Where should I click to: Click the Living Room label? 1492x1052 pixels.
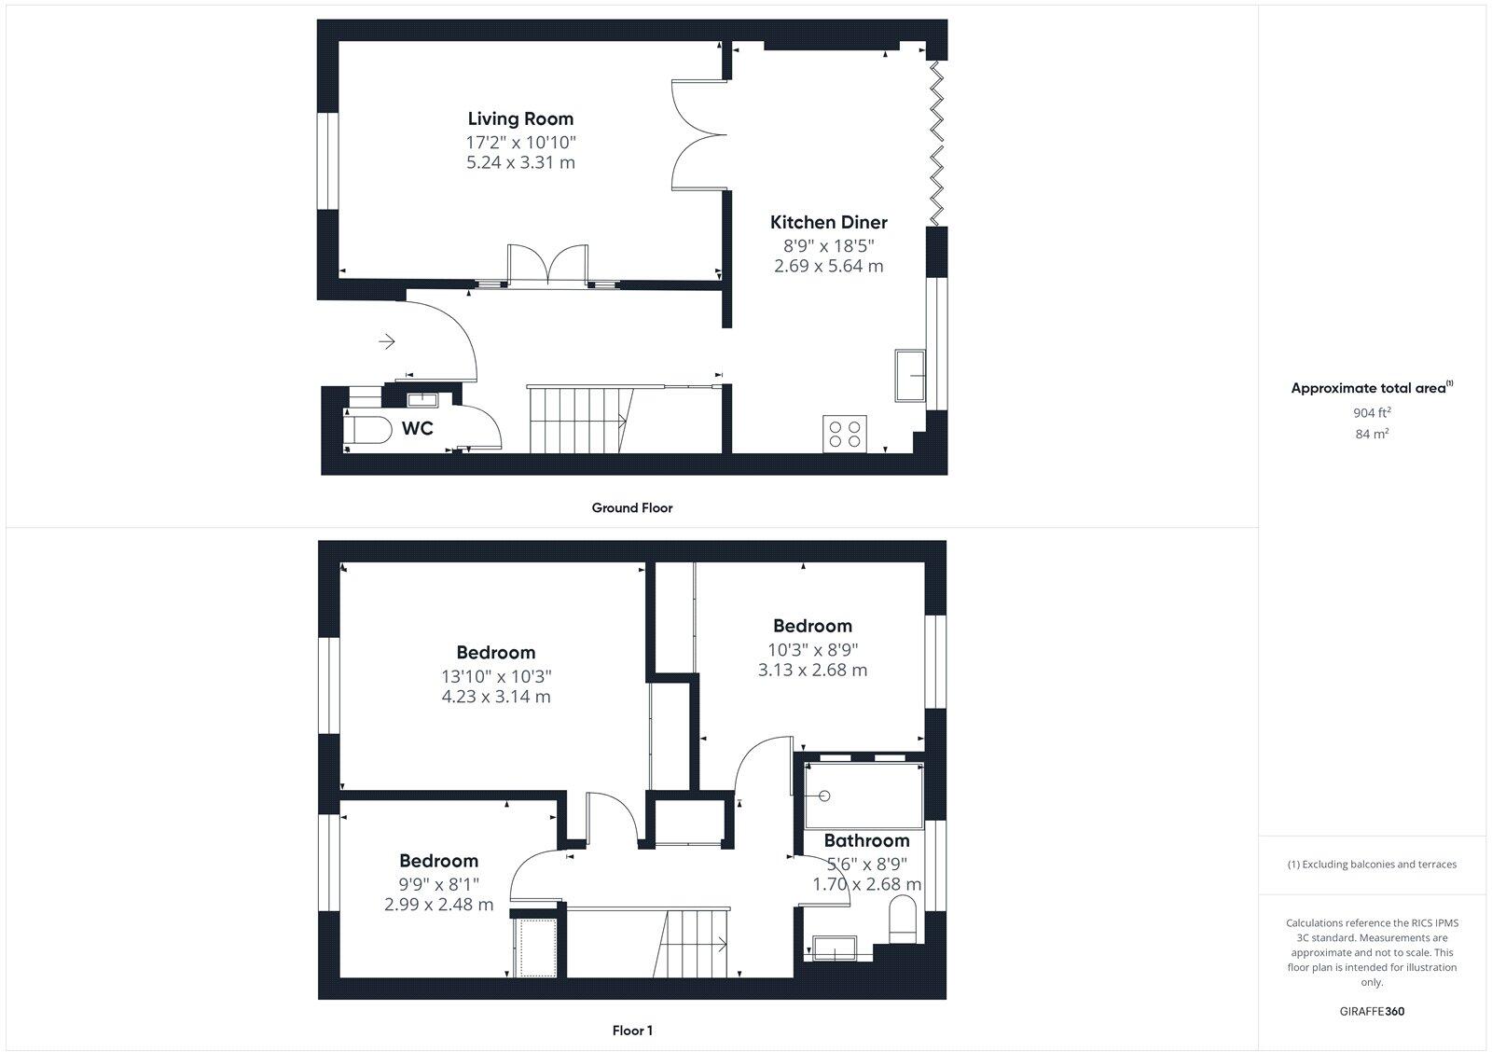[x=520, y=118]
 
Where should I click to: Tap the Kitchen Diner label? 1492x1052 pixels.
[x=828, y=222]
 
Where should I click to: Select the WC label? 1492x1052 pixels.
[x=417, y=428]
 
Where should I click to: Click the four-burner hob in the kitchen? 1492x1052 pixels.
[x=845, y=434]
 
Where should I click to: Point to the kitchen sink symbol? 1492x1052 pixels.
[x=909, y=375]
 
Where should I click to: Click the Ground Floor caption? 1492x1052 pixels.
[x=631, y=507]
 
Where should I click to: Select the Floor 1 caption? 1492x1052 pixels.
[x=631, y=1031]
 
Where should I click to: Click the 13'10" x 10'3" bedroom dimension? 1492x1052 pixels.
[x=496, y=676]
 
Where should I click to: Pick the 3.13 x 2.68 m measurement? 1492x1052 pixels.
[x=812, y=670]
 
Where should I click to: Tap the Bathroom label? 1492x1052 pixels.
[x=866, y=840]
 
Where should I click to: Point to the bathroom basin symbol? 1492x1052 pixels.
[x=836, y=947]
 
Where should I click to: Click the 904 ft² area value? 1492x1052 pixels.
[x=1372, y=412]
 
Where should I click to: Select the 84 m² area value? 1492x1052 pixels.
[x=1372, y=434]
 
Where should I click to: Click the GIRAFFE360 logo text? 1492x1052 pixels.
[x=1372, y=1011]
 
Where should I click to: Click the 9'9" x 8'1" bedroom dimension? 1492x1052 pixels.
[x=438, y=884]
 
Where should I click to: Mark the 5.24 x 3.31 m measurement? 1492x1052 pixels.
[x=520, y=162]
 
